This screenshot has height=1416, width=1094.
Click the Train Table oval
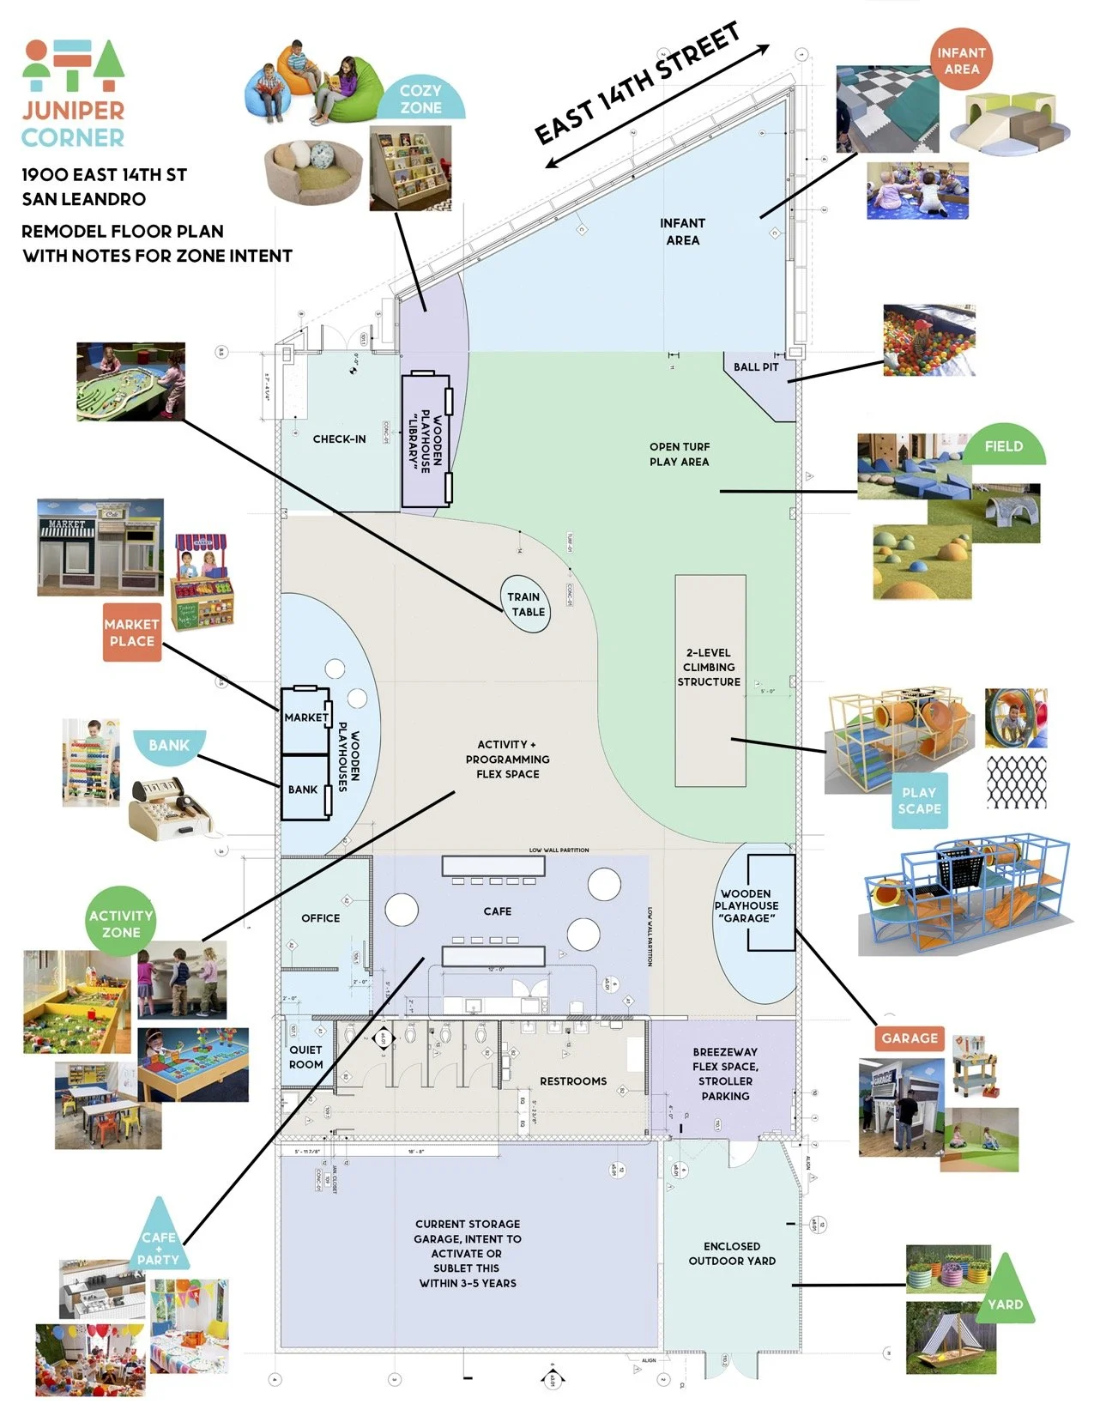coord(524,604)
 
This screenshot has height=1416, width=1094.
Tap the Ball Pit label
coord(756,367)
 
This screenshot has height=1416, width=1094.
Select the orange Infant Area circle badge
coord(961,60)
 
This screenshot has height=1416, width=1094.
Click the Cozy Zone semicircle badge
coord(420,100)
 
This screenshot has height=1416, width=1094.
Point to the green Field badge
coord(1004,446)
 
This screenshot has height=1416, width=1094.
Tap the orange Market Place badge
coord(132,632)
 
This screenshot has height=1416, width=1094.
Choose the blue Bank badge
coord(168,745)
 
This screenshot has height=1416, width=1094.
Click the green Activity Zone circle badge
coord(121,923)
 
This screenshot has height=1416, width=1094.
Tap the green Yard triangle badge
coord(1005,1298)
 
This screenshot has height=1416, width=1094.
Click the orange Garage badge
coord(910,1038)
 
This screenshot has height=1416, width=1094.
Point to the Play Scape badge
coord(920,801)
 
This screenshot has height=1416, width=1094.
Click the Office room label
coord(321,918)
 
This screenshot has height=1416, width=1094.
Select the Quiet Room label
coord(305,1057)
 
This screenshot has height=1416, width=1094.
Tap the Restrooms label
coord(573,1081)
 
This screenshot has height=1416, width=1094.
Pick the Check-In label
coord(339,439)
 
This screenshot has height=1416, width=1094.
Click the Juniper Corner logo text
coord(73,124)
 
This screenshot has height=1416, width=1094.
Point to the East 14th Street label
coord(637,84)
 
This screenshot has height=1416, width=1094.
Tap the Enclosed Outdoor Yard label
coord(732,1253)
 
